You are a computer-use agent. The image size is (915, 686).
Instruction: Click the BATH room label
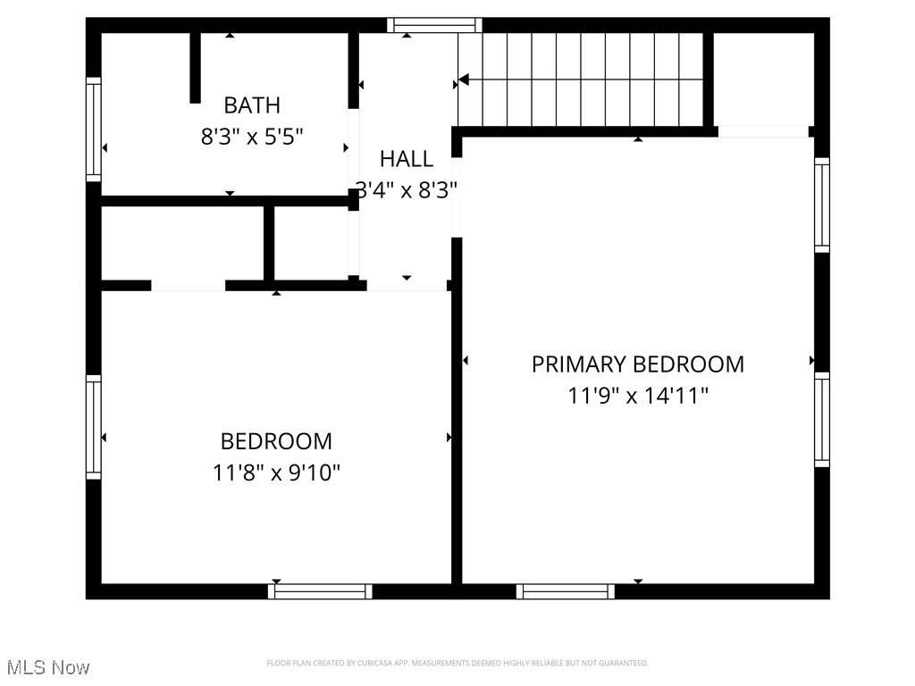pyautogui.click(x=252, y=105)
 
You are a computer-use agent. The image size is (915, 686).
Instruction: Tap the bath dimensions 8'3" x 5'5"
pyautogui.click(x=252, y=137)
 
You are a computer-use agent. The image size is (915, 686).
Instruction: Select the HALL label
pyautogui.click(x=407, y=159)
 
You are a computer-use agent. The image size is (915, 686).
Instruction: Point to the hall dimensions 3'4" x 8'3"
pyautogui.click(x=407, y=189)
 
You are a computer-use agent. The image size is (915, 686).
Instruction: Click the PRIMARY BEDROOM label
pyautogui.click(x=638, y=364)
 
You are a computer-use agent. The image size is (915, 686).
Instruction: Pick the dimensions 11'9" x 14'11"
pyautogui.click(x=638, y=395)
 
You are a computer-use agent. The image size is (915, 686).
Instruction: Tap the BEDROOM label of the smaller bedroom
pyautogui.click(x=276, y=441)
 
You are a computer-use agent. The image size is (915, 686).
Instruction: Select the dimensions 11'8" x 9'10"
pyautogui.click(x=276, y=472)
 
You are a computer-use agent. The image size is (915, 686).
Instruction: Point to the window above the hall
pyautogui.click(x=434, y=25)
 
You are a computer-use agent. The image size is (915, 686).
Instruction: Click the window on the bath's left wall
pyautogui.click(x=93, y=130)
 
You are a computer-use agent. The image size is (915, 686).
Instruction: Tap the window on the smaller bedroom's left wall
pyautogui.click(x=93, y=427)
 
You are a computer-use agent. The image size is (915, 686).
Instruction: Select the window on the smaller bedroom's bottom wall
pyautogui.click(x=320, y=591)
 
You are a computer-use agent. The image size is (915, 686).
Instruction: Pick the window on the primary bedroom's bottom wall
pyautogui.click(x=566, y=591)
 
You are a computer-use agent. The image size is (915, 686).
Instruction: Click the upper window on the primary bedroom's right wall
pyautogui.click(x=822, y=205)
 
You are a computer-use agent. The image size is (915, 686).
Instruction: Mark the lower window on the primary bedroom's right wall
pyautogui.click(x=822, y=419)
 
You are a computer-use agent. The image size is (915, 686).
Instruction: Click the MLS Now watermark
pyautogui.click(x=48, y=667)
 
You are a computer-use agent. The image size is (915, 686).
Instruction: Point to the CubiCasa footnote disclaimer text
pyautogui.click(x=457, y=663)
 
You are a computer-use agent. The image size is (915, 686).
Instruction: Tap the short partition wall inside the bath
pyautogui.click(x=195, y=68)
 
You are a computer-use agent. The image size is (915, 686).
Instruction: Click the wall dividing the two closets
pyautogui.click(x=269, y=243)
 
